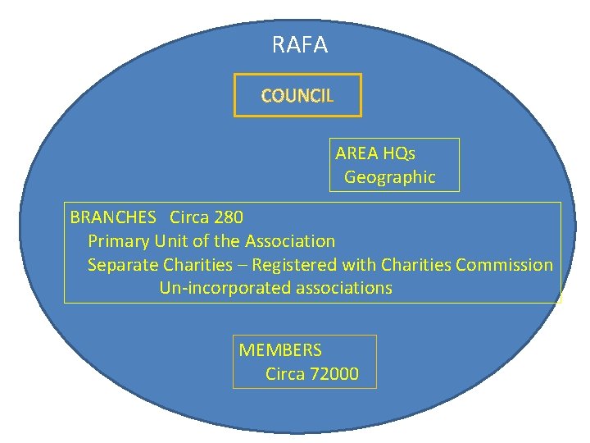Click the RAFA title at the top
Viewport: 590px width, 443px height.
click(299, 45)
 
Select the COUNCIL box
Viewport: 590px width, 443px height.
click(297, 96)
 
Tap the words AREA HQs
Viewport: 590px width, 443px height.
click(375, 153)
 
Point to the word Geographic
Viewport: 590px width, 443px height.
click(389, 177)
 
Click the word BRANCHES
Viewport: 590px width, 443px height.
click(113, 217)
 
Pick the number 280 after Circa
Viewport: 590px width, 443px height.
click(228, 217)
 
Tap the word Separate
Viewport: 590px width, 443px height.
click(123, 265)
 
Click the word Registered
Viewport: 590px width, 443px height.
click(294, 265)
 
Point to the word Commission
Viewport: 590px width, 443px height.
click(504, 265)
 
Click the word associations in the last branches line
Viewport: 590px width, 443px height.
click(344, 289)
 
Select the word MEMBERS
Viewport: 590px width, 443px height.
click(280, 350)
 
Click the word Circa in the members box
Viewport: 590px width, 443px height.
click(285, 375)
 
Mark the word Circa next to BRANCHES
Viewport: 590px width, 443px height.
click(189, 217)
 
